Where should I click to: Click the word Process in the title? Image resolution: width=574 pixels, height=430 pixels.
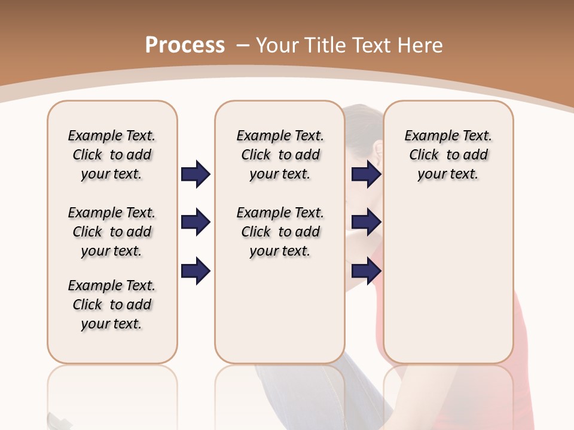(185, 45)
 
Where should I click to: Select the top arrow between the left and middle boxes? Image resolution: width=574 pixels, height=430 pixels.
(196, 174)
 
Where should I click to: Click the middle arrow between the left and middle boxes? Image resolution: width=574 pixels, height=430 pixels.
(196, 223)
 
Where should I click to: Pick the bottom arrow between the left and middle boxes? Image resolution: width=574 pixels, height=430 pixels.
(196, 271)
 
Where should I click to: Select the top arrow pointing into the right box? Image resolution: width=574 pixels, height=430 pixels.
(366, 174)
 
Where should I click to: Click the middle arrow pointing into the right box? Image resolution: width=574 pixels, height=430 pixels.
(366, 223)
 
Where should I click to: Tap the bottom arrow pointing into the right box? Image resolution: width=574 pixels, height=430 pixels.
(366, 271)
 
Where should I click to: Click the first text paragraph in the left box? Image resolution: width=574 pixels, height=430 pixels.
(112, 155)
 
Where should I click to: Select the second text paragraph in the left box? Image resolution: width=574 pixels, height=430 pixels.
(112, 232)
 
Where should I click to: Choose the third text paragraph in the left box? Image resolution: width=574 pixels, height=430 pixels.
(112, 305)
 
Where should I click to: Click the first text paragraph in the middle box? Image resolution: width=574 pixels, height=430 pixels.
(280, 155)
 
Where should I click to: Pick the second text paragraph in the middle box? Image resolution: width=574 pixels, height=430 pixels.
(280, 232)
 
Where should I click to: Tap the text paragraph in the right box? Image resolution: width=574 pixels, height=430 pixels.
(448, 155)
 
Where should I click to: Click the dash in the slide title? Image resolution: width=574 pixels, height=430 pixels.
(243, 45)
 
